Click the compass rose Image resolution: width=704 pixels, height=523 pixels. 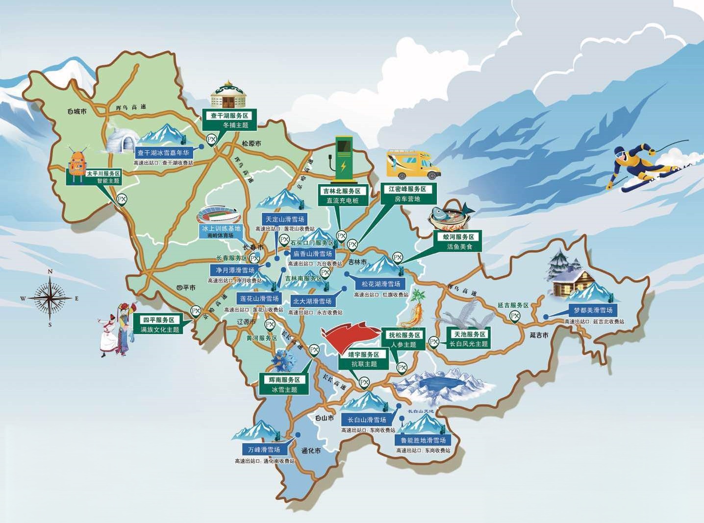click(x=50, y=297)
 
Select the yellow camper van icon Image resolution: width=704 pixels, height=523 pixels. click(x=413, y=165)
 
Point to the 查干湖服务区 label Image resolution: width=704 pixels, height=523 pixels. click(x=230, y=116)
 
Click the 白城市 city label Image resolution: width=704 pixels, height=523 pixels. click(x=77, y=112)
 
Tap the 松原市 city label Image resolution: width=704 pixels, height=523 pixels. click(x=251, y=143)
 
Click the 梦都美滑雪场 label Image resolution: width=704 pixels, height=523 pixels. click(x=593, y=310)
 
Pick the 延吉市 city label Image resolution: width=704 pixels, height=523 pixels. click(x=539, y=335)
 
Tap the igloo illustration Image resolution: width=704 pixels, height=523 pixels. click(x=120, y=141)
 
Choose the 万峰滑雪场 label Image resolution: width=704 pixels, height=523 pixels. click(x=264, y=450)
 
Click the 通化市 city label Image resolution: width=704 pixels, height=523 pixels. click(x=311, y=451)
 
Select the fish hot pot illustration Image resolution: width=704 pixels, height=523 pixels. click(x=451, y=216)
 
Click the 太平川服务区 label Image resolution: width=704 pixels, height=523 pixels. click(x=103, y=173)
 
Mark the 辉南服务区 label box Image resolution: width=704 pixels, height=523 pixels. click(x=284, y=380)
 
